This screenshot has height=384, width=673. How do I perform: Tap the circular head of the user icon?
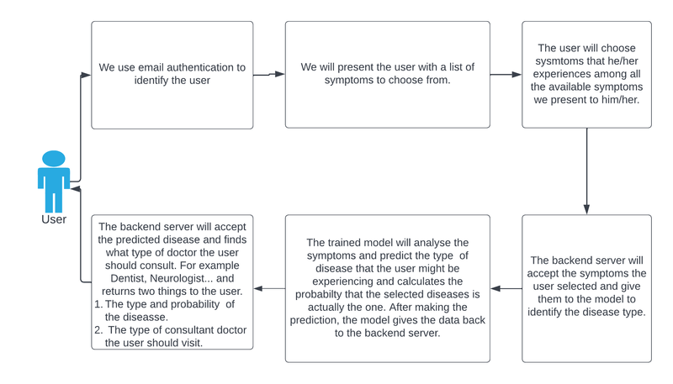pyautogui.click(x=54, y=158)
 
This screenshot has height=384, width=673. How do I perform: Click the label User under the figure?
pyautogui.click(x=54, y=219)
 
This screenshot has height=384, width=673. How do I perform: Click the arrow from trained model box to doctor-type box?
pyautogui.click(x=269, y=288)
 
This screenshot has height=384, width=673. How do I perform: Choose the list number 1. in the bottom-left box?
pyautogui.click(x=98, y=304)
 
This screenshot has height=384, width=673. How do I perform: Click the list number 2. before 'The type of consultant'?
pyautogui.click(x=98, y=329)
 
